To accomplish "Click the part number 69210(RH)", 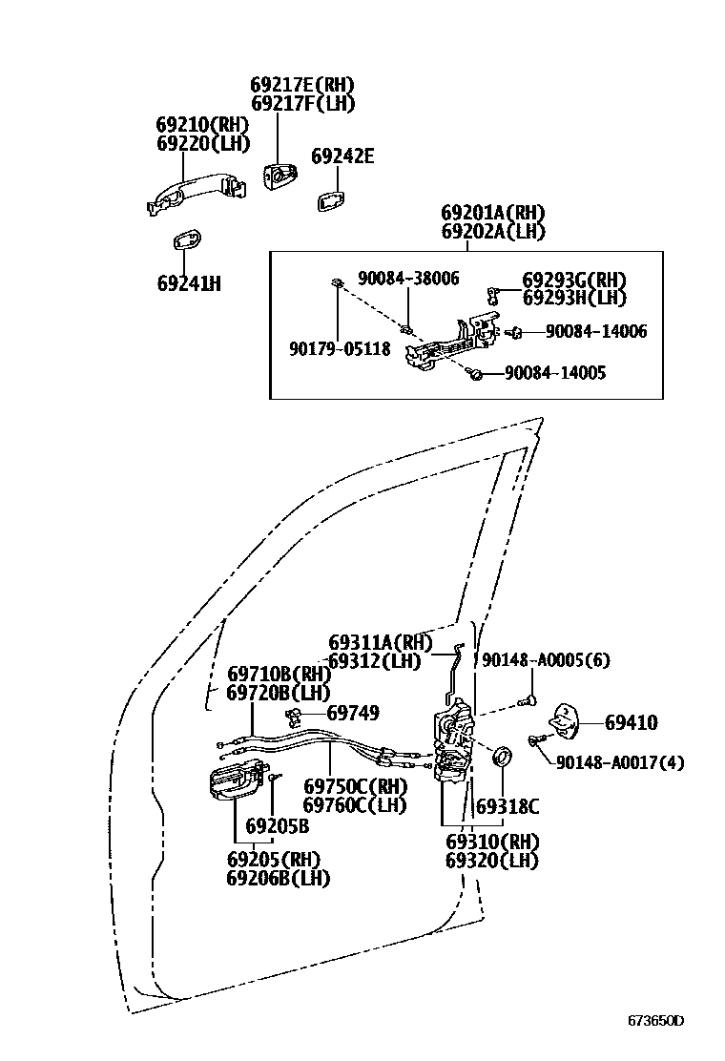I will [202, 125].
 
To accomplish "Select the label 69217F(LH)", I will [302, 104].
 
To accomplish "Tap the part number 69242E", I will [342, 156].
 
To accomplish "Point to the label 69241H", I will [189, 283].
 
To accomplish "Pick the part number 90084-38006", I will [408, 279].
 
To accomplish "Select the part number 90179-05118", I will [340, 350].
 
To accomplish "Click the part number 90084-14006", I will [596, 332].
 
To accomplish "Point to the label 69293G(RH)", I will [574, 281].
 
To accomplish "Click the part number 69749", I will [352, 713].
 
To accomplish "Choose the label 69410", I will [631, 723].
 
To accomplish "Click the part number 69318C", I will [507, 807].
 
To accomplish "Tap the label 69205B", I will [277, 826].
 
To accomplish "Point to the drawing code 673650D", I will [655, 1020].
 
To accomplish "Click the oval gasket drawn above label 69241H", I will [186, 239].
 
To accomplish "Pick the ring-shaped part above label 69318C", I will [500, 759].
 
